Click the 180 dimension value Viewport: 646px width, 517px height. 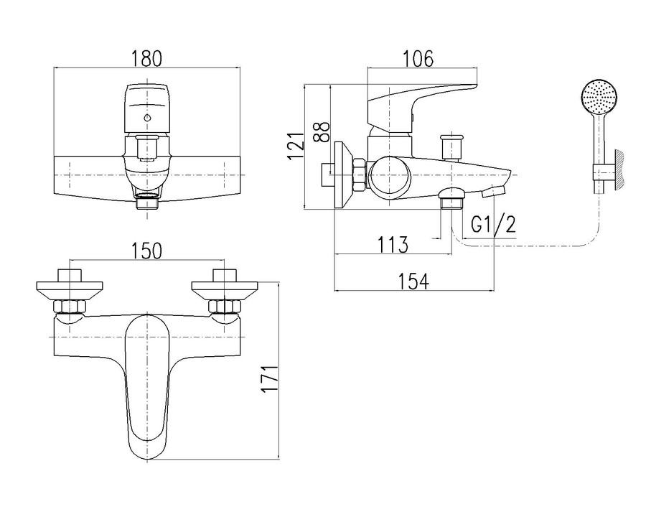[x=147, y=57]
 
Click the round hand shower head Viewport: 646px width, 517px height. [x=597, y=98]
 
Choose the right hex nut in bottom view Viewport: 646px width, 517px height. [x=223, y=307]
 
